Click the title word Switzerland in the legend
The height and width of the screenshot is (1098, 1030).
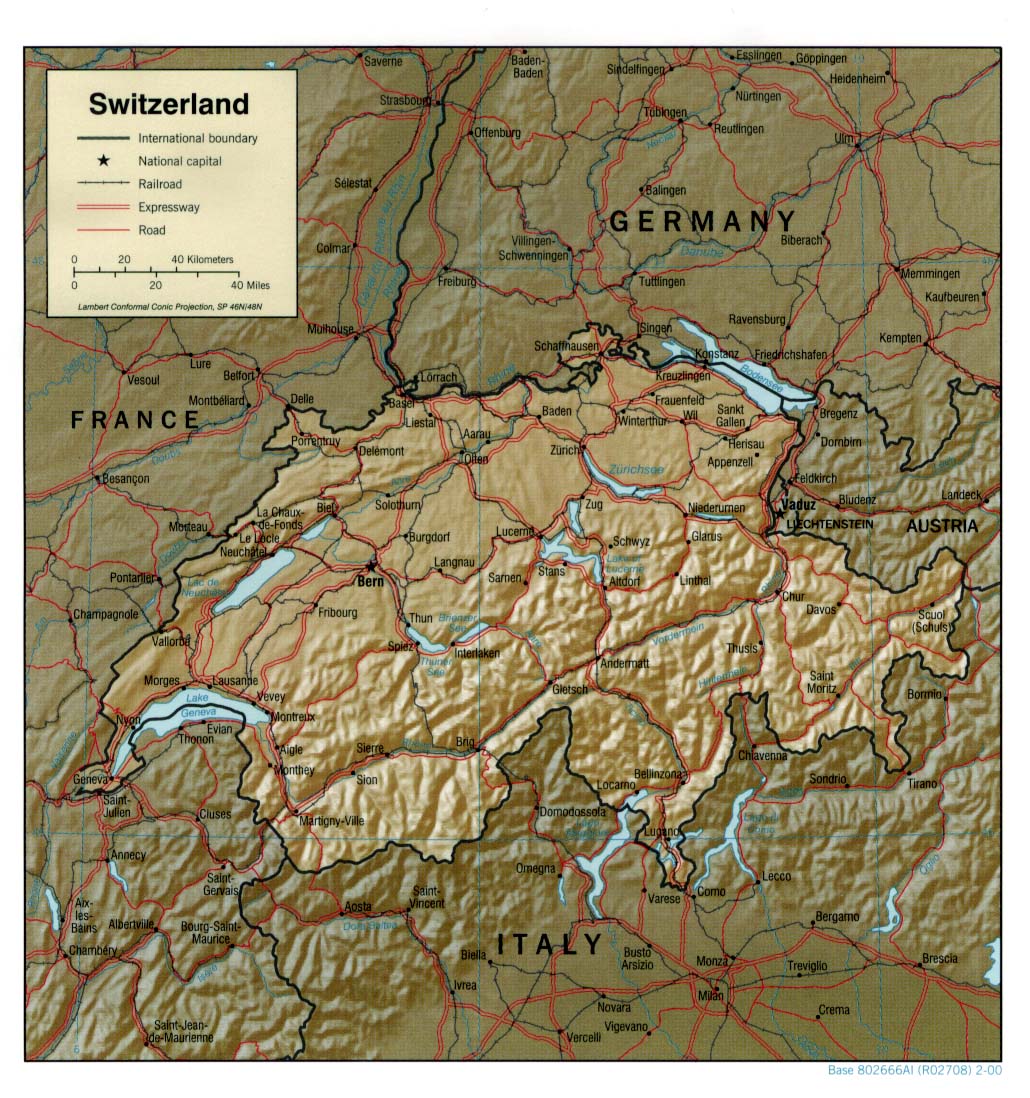click(x=169, y=104)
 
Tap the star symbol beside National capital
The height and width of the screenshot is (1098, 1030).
click(x=103, y=161)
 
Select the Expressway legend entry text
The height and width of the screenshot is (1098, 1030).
click(x=169, y=207)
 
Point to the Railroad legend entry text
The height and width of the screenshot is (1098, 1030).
click(x=161, y=184)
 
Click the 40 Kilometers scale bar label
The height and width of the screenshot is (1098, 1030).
click(x=202, y=260)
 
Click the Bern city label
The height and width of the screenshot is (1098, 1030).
click(x=371, y=579)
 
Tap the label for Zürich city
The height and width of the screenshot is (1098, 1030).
click(x=565, y=451)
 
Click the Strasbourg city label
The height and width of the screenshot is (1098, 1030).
click(x=405, y=100)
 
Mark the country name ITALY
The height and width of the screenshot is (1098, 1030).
click(x=550, y=944)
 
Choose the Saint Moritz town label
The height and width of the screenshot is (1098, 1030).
click(x=822, y=682)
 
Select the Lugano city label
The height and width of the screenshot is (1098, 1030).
click(x=661, y=831)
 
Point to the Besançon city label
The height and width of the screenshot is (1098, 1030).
click(x=125, y=479)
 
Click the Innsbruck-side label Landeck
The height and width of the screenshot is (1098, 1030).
click(x=962, y=495)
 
